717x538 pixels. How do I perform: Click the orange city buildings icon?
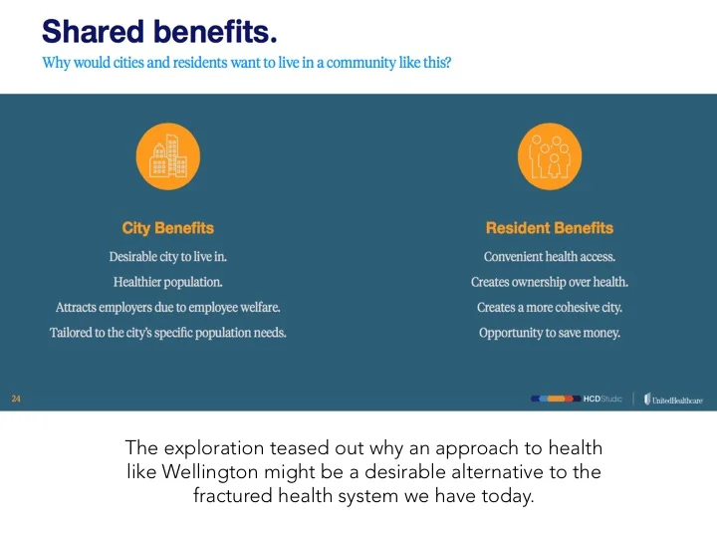tap(167, 155)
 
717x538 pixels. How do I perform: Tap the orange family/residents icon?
tap(549, 155)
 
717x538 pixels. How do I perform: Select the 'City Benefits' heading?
tap(167, 228)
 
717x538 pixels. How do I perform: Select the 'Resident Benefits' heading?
tap(549, 228)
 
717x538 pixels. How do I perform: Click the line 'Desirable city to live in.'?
tap(167, 256)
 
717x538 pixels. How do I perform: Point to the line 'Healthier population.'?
tap(167, 282)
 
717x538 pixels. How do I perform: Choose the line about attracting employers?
tap(167, 308)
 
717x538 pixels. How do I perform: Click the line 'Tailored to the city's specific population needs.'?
tap(167, 333)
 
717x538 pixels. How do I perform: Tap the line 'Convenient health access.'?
tap(549, 256)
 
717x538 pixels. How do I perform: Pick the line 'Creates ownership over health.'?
tap(549, 282)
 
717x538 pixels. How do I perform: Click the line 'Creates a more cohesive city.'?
tap(549, 308)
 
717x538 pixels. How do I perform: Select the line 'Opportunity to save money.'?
tap(549, 333)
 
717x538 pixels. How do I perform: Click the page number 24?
tap(16, 399)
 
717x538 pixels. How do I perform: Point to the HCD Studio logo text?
tap(602, 399)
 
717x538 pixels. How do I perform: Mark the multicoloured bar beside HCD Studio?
tap(556, 399)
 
